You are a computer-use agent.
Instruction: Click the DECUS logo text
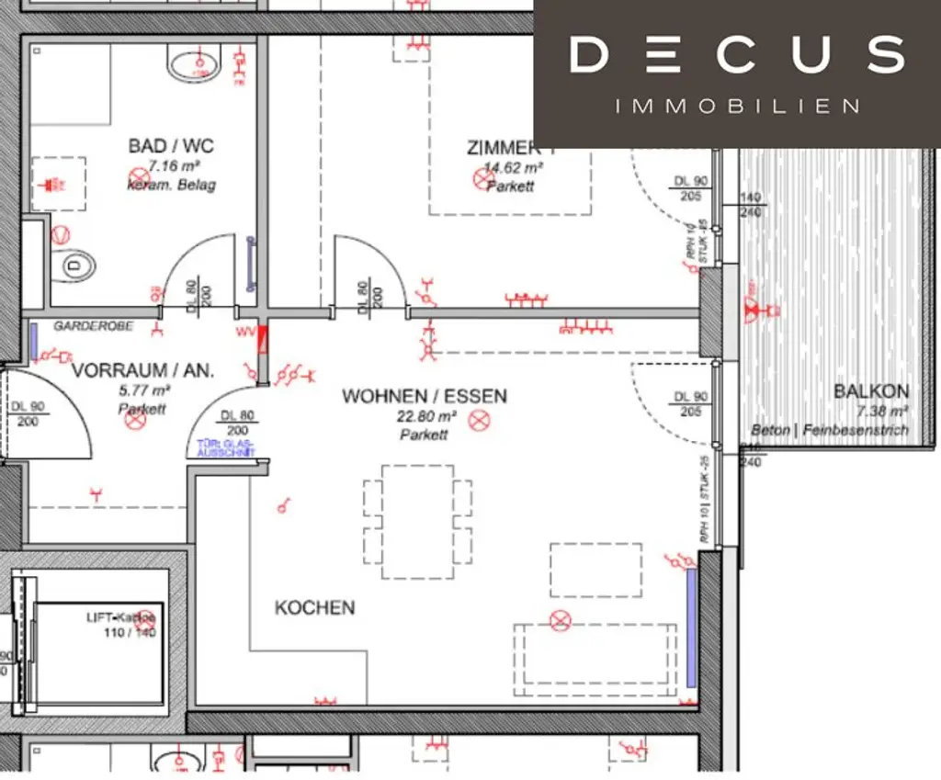pyautogui.click(x=737, y=55)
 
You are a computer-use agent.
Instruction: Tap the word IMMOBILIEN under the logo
pyautogui.click(x=737, y=107)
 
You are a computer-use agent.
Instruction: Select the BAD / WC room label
pyautogui.click(x=172, y=146)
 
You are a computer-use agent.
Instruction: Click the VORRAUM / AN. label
pyautogui.click(x=142, y=371)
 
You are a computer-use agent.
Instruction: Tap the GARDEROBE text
pyautogui.click(x=93, y=326)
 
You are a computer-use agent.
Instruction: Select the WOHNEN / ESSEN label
pyautogui.click(x=424, y=396)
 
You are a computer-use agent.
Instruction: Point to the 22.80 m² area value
pyautogui.click(x=424, y=416)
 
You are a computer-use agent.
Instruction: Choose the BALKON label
pyautogui.click(x=870, y=391)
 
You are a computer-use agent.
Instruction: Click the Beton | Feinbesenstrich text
pyautogui.click(x=829, y=430)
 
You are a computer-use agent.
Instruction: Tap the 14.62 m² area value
pyautogui.click(x=513, y=168)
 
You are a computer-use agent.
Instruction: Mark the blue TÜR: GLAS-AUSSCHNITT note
pyautogui.click(x=224, y=448)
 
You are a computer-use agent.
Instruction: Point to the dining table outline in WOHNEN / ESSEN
pyautogui.click(x=417, y=522)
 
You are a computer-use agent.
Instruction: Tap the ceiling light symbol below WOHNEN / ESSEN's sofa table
pyautogui.click(x=560, y=622)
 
